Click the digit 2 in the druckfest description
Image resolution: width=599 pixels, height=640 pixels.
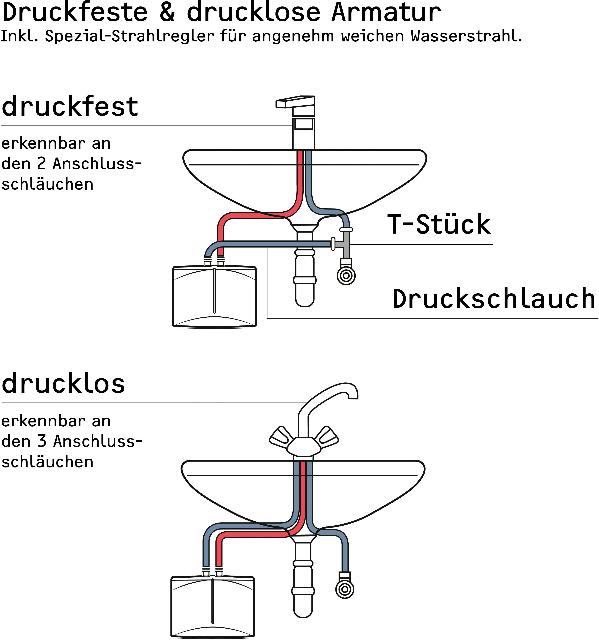(42, 163)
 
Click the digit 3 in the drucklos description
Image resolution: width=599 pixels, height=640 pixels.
(42, 441)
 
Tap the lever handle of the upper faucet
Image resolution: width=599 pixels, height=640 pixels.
(295, 102)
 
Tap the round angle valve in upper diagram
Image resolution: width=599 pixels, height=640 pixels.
(346, 275)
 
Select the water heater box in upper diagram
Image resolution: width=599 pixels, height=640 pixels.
(214, 296)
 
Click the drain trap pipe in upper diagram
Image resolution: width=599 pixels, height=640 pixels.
(304, 277)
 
